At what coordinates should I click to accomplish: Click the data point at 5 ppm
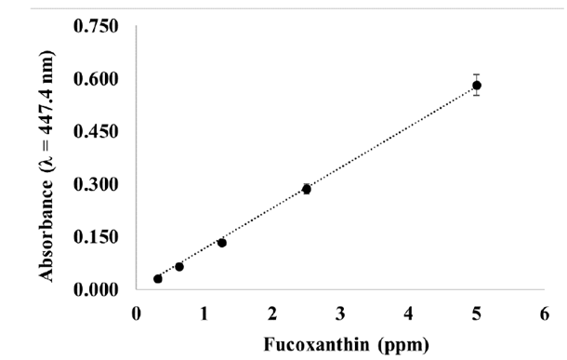coord(477,86)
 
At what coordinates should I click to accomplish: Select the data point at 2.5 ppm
coord(306,189)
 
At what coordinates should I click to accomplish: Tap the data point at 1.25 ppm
coord(221,243)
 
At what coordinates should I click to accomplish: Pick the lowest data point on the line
coord(158,278)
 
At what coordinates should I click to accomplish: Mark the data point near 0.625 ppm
coord(179,267)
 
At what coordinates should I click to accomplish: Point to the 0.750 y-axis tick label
coord(97,26)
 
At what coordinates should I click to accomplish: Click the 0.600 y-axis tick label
coord(97,79)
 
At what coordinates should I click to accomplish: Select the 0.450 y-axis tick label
coord(97,131)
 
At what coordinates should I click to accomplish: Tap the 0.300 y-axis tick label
coord(97,184)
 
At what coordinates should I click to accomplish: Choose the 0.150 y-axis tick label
coord(97,237)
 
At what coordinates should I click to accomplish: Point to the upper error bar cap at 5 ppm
coord(477,74)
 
